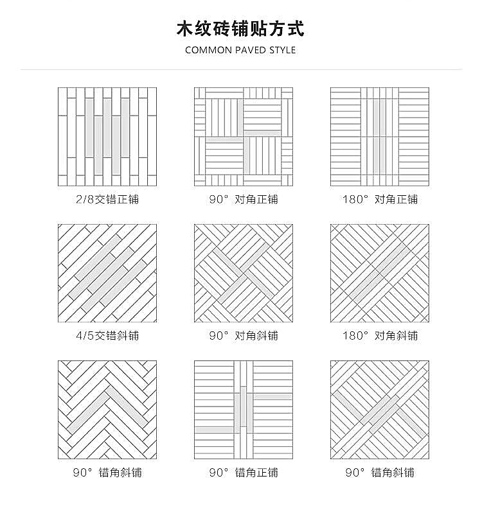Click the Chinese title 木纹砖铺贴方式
(240, 29)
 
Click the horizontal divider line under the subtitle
(240, 69)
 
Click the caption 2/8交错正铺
(107, 199)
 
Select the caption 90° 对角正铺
(244, 199)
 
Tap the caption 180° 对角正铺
(380, 199)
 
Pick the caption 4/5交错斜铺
(107, 336)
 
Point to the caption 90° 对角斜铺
(244, 336)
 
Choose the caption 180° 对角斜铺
(380, 336)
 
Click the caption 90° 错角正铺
(244, 473)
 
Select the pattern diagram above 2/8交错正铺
(107, 137)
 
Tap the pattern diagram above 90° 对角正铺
(244, 137)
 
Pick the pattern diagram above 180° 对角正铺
(380, 137)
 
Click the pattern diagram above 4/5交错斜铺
(107, 273)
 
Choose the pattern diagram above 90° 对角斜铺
(244, 273)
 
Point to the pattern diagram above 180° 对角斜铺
(380, 273)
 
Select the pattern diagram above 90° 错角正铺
(244, 410)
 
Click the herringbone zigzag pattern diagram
(107, 410)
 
